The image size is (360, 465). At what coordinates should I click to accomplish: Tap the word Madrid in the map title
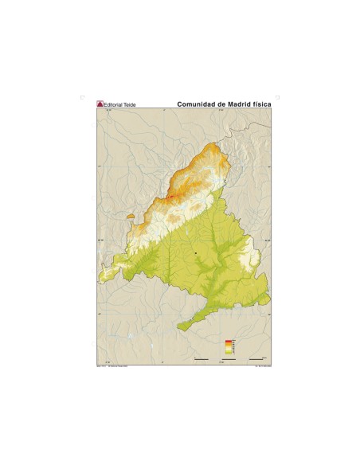tap(239, 103)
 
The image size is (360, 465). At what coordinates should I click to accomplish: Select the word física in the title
tap(264, 103)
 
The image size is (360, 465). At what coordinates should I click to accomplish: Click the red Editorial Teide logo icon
tap(100, 103)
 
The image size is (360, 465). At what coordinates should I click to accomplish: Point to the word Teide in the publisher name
tap(128, 104)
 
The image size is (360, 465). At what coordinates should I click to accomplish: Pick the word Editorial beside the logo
tap(113, 104)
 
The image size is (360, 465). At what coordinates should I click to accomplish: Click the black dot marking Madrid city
tap(195, 252)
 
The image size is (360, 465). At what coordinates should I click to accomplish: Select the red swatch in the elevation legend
tap(229, 340)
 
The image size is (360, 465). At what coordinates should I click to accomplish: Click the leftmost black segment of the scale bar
tap(202, 359)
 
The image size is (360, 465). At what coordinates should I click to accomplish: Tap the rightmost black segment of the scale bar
tap(256, 359)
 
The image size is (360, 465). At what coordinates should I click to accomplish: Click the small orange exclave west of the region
tap(131, 216)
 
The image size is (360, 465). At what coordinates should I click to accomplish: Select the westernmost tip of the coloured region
tap(100, 279)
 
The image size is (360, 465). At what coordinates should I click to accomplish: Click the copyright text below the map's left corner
tap(112, 366)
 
